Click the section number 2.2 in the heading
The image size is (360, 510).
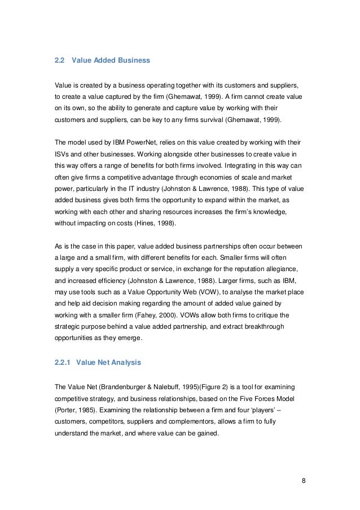point(58,60)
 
